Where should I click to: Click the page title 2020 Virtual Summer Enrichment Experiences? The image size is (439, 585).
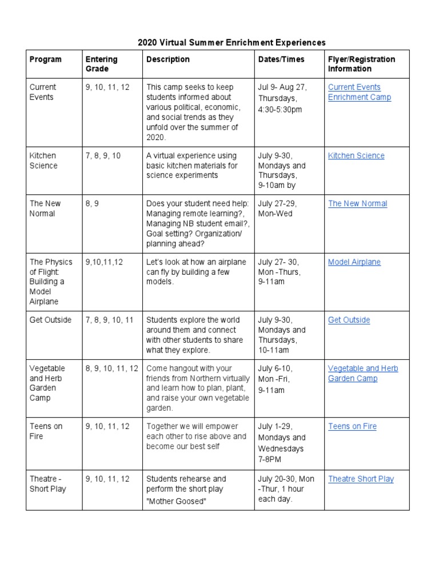point(232,42)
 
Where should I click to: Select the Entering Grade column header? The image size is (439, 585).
point(101,64)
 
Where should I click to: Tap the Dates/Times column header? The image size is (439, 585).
point(281,59)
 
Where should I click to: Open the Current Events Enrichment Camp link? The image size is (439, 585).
point(360,92)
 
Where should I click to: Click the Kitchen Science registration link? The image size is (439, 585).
point(356,155)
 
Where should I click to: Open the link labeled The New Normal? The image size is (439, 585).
point(357,203)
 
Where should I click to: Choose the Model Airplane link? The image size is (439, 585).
point(354,262)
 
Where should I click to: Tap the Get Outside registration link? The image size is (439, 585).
point(349,320)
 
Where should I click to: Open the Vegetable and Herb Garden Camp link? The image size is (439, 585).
point(363,374)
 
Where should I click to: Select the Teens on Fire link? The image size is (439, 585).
point(352,426)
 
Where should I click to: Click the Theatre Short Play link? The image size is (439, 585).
point(361,479)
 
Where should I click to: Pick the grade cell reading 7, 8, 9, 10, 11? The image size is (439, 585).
point(109,320)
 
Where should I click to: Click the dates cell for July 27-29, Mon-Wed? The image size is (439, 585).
point(277,209)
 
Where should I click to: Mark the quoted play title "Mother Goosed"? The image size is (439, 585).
point(176,502)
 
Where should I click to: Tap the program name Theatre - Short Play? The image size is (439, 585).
point(48,484)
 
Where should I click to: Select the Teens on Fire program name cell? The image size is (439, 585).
point(46,431)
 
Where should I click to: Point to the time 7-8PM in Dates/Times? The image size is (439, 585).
point(269,459)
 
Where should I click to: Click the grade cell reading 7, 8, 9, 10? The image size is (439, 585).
point(103,155)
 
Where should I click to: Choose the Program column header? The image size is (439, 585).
point(46,59)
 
